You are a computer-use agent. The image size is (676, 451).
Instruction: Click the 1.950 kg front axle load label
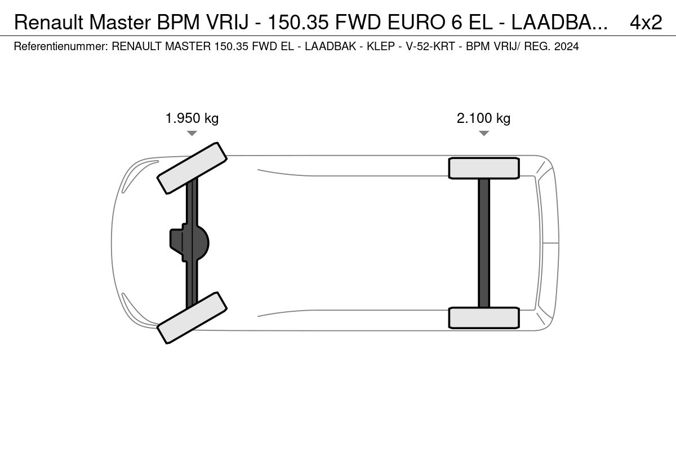pos(192,118)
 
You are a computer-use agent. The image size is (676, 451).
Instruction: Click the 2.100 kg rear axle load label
pos(483,118)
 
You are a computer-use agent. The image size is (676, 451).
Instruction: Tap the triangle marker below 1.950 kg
pos(192,133)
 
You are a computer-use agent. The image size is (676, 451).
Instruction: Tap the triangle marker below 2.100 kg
pos(484,133)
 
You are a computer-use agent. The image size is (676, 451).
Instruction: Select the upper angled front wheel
pos(192,168)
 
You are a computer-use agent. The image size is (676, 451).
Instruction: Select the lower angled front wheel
pos(192,318)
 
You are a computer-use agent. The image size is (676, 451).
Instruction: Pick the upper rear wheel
pos(484,168)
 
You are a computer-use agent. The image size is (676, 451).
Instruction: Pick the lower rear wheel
pos(484,318)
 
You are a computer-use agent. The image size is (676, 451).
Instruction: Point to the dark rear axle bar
pos(484,243)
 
